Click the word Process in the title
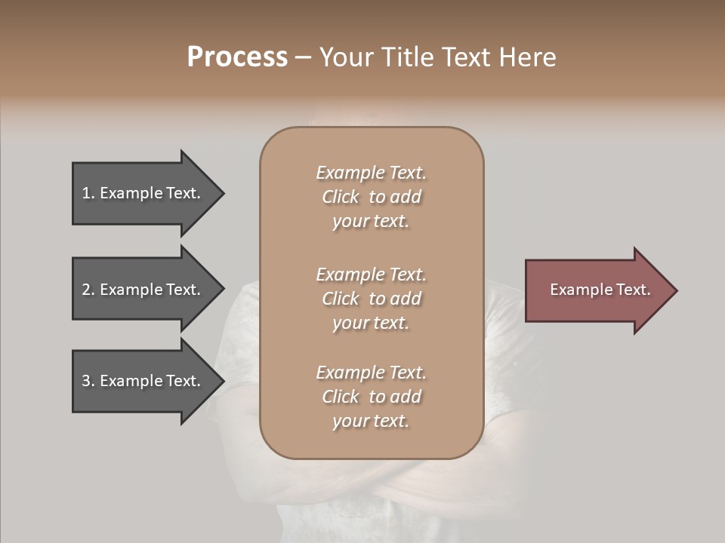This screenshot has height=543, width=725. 237,57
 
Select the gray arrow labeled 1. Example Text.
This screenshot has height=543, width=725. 143,193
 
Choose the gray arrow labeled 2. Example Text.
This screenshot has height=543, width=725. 143,290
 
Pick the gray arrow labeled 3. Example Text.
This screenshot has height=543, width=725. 143,381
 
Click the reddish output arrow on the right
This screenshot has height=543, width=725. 597,290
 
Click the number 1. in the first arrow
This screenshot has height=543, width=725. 88,193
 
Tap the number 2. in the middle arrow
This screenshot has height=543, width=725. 88,290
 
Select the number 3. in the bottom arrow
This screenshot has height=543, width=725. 88,381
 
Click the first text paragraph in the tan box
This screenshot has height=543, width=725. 371,197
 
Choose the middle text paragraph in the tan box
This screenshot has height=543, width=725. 371,299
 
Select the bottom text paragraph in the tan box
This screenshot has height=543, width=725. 371,397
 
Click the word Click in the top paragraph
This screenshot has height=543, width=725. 340,197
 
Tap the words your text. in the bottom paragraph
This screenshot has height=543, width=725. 371,421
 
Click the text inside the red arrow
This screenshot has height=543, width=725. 600,290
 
